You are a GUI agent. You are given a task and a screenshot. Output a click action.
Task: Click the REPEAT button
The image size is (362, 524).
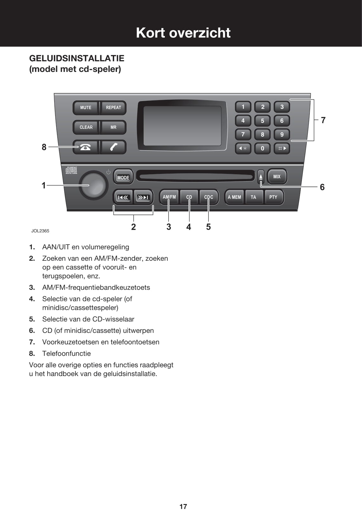click(113, 108)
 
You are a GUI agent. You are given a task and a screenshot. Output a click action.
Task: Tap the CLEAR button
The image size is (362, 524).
click(86, 127)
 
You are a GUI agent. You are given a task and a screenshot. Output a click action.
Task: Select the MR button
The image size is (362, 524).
click(113, 127)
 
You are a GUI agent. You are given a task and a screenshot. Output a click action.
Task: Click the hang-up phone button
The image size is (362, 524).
click(85, 147)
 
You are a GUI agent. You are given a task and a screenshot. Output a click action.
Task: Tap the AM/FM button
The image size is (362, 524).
click(169, 197)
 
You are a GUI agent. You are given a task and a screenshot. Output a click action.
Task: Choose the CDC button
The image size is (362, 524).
click(209, 197)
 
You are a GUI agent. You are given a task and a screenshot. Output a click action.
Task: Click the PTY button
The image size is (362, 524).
click(273, 197)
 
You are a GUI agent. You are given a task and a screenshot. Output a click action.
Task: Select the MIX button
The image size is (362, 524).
click(277, 176)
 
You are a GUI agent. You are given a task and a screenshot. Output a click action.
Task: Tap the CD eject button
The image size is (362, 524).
click(261, 176)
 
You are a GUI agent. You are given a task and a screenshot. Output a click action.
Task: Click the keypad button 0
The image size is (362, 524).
click(262, 148)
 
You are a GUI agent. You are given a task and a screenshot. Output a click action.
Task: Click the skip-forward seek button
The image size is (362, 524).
click(143, 198)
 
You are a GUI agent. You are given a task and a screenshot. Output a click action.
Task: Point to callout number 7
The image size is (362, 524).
click(323, 120)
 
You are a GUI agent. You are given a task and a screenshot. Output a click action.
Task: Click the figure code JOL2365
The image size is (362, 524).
click(40, 231)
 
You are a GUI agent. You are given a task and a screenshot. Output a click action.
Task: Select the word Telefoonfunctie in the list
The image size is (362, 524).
click(66, 354)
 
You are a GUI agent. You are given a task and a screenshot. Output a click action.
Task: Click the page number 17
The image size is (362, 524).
click(183, 507)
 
